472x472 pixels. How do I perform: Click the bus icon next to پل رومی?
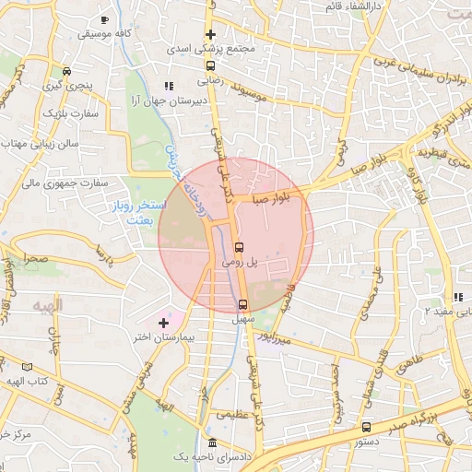(240, 247)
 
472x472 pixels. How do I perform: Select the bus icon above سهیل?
(243, 304)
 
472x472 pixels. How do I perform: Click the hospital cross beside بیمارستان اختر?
(163, 323)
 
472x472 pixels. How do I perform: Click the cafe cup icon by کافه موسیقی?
(104, 19)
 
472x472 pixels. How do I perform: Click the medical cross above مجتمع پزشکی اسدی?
(211, 34)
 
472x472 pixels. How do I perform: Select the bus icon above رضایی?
(211, 65)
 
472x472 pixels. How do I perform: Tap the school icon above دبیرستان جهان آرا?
(167, 85)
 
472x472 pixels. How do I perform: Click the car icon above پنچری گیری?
(65, 71)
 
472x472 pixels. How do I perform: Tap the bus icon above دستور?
(368, 427)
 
